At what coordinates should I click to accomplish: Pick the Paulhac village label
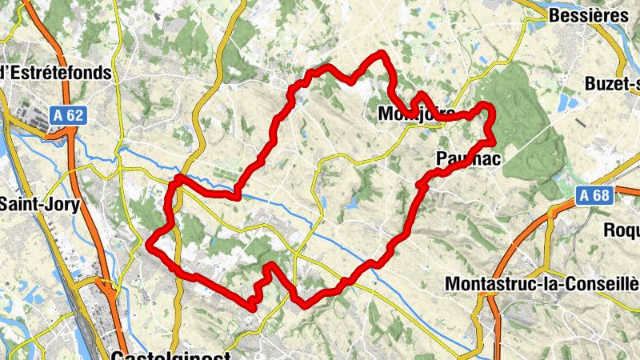469,160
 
